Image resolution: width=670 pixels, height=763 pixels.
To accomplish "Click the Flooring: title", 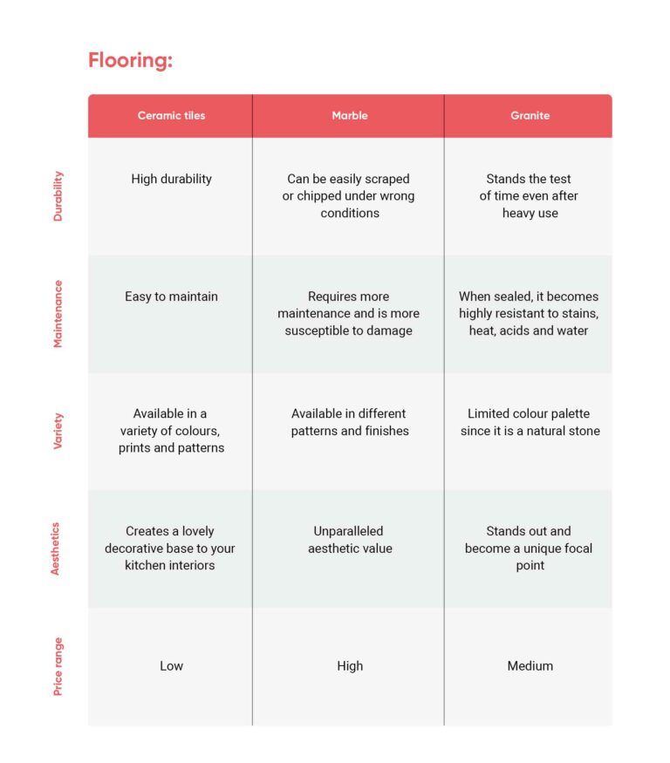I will pos(130,60).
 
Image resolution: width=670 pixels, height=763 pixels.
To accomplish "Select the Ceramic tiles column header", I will pos(171,115).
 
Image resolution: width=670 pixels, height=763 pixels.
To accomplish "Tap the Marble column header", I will pos(349,115).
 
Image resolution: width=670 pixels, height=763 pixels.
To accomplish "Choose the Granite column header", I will pos(530,115).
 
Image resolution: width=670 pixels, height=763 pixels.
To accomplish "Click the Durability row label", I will pos(58,195).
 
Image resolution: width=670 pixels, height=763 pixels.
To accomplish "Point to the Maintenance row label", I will pos(58,313).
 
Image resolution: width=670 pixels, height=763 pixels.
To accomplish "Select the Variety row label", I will pos(58,431).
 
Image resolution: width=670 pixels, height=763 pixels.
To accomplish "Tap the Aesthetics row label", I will pos(56,548).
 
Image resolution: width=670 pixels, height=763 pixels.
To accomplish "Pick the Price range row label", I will pos(58,666).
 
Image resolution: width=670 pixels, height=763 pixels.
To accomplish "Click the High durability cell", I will pos(171,179).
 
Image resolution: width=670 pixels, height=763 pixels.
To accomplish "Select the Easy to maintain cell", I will pos(171,296).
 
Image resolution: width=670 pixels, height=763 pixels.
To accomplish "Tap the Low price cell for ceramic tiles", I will pos(171,666).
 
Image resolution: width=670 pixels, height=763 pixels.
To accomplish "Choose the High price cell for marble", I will pos(349,666).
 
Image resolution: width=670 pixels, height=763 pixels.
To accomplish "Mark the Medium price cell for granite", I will pos(530,666).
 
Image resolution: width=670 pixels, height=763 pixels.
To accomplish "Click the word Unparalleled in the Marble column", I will pos(349,531).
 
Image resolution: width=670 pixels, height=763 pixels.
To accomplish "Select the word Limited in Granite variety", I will pos(489,414).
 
